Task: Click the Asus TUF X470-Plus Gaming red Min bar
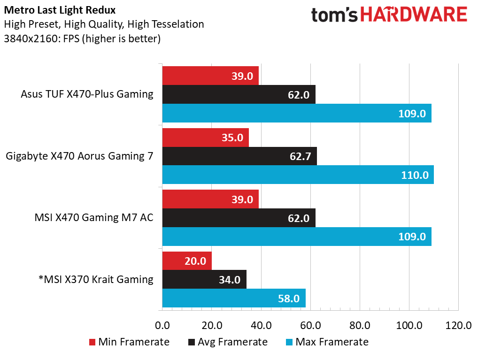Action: tap(210, 76)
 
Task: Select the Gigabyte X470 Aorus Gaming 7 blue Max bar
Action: tap(298, 175)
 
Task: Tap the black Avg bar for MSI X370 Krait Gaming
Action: tap(204, 280)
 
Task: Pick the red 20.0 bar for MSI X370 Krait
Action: tap(187, 261)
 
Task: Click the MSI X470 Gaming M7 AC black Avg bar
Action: tap(239, 218)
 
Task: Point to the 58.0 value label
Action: tap(288, 299)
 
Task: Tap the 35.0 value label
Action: tap(232, 138)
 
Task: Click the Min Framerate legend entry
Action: tap(129, 342)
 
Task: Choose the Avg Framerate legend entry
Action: tap(228, 342)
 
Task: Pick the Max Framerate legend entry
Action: tap(327, 342)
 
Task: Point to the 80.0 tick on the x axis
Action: tap(360, 325)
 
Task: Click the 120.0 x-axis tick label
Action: tap(458, 325)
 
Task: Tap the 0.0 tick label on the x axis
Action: tap(162, 325)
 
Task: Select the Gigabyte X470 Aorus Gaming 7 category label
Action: tap(80, 156)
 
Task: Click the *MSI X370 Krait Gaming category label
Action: tap(96, 280)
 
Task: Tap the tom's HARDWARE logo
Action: tap(389, 15)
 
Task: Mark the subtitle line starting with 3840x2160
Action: tap(82, 39)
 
